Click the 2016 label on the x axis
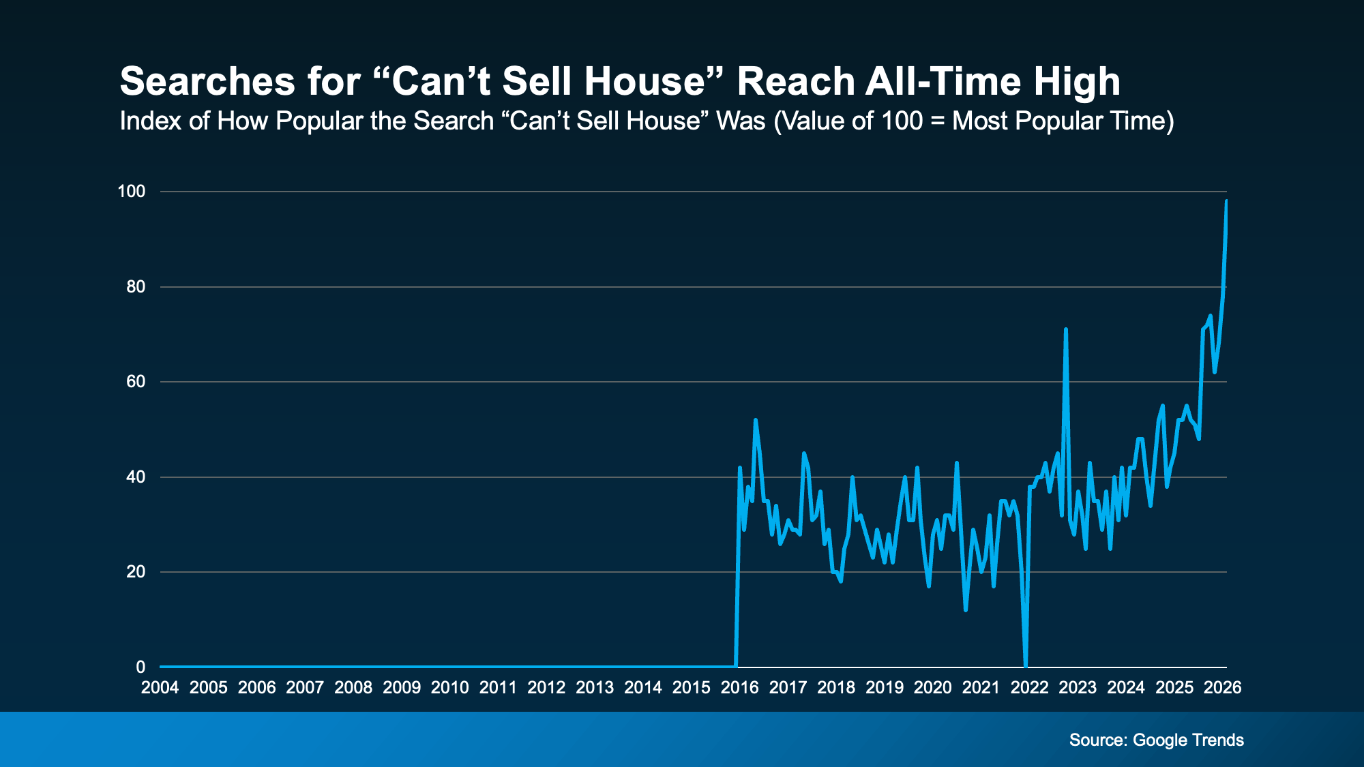(739, 687)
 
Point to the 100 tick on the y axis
(132, 192)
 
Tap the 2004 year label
(160, 687)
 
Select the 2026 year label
(1222, 687)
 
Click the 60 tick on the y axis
(136, 382)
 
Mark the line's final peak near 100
(1226, 201)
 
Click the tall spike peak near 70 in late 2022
(1065, 329)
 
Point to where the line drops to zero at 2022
(1026, 665)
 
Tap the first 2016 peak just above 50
(755, 420)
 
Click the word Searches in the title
(207, 82)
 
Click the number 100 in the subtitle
(902, 121)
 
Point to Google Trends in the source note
(1188, 740)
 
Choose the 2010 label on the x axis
(449, 687)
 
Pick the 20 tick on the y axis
(136, 572)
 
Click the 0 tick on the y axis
(140, 667)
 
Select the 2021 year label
(981, 687)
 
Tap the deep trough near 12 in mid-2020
(966, 610)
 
